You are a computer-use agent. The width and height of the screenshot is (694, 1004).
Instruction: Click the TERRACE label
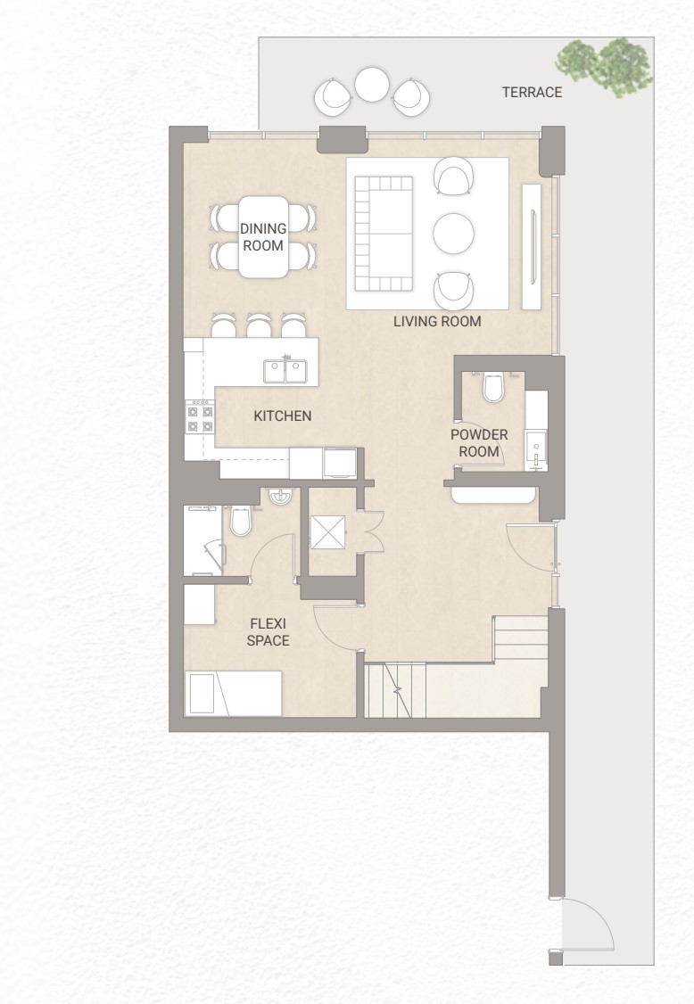click(x=532, y=92)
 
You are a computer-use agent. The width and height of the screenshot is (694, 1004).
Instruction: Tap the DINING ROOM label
click(x=263, y=237)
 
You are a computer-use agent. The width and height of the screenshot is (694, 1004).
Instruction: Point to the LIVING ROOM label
click(x=437, y=321)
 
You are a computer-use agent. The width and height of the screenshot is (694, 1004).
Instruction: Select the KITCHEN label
click(x=283, y=416)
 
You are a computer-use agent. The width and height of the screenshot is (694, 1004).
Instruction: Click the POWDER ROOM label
click(x=479, y=443)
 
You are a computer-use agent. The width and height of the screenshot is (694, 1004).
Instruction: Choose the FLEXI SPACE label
click(x=268, y=632)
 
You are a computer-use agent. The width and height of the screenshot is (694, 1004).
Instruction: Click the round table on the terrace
click(x=372, y=85)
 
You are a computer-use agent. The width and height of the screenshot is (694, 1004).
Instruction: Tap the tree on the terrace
click(x=604, y=67)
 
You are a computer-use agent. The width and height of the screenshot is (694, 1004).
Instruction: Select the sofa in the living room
click(x=384, y=234)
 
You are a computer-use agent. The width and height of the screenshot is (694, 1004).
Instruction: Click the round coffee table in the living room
click(x=453, y=234)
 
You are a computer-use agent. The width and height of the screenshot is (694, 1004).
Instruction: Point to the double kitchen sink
click(x=285, y=371)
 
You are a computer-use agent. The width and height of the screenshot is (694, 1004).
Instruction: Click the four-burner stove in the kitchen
click(x=199, y=418)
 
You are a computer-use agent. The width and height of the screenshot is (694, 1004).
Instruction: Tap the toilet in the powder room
click(x=492, y=387)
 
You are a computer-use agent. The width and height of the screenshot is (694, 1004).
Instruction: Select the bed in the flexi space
click(x=233, y=693)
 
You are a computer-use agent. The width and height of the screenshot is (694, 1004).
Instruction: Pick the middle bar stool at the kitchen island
click(x=259, y=325)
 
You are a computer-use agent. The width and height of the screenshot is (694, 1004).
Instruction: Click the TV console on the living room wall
click(x=532, y=246)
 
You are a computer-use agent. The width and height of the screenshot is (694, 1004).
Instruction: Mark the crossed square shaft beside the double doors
click(x=328, y=532)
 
